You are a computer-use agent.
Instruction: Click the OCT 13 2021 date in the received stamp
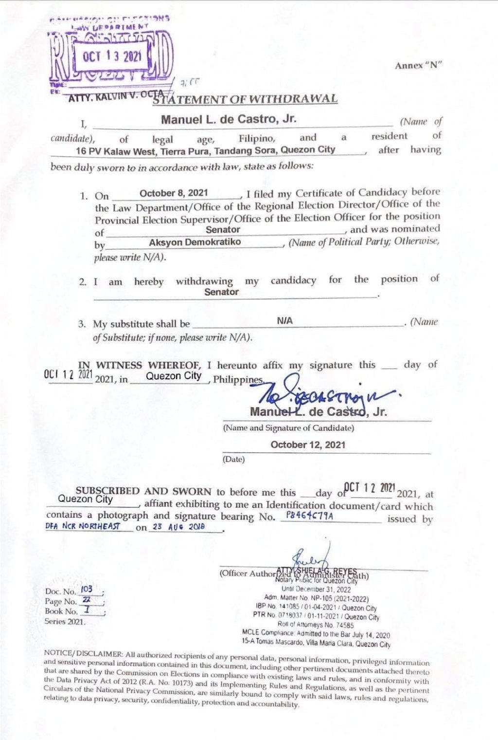tap(112, 56)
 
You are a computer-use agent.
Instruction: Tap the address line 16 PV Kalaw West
tap(205, 150)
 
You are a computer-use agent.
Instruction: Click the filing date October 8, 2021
tap(174, 193)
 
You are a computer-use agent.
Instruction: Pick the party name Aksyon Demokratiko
tap(195, 241)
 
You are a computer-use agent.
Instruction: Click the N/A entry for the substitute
tap(285, 321)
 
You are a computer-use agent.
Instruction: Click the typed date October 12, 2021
tap(308, 444)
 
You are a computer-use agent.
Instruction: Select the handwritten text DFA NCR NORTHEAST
tap(82, 526)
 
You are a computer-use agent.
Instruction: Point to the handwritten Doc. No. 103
tap(88, 590)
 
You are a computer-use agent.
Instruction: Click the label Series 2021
tap(65, 621)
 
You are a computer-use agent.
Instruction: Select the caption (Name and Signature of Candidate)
tap(288, 428)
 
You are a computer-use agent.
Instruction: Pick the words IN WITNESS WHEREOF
tap(111, 365)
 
